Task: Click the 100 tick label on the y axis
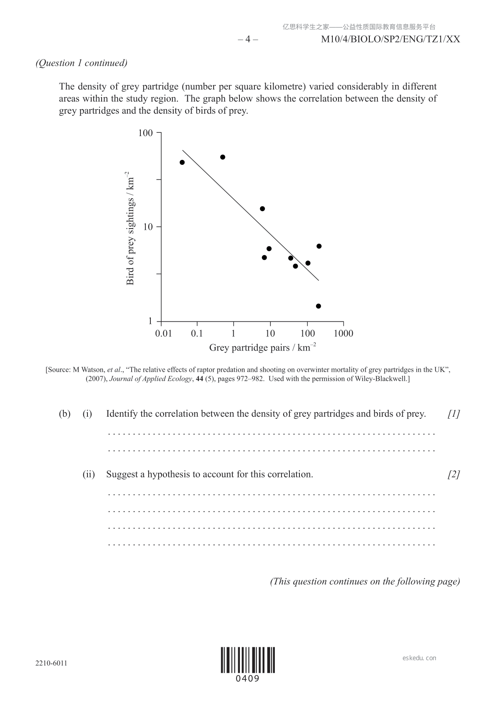click(145, 133)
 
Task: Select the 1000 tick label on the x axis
click(344, 333)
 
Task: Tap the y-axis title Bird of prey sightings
click(130, 228)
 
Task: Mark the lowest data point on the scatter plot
click(319, 306)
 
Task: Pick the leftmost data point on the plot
click(182, 162)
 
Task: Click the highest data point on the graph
click(223, 157)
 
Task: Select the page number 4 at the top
click(248, 40)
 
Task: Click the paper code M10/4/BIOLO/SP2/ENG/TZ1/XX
click(391, 40)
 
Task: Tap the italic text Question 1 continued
click(82, 63)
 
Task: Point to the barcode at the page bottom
click(248, 660)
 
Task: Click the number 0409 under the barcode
click(248, 679)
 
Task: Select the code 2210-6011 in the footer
click(51, 663)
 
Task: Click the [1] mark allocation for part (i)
click(454, 414)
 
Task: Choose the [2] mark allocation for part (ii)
click(454, 474)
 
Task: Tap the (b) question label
click(65, 414)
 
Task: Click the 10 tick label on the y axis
click(148, 227)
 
